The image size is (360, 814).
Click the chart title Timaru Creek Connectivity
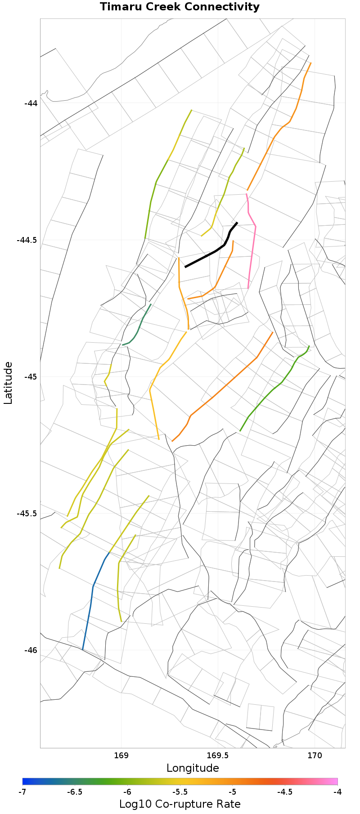point(180,7)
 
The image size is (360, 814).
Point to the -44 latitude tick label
point(31,103)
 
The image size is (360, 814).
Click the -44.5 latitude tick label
point(27,240)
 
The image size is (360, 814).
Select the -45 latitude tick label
point(31,376)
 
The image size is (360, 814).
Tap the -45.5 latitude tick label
point(27,513)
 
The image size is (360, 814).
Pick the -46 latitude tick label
point(31,650)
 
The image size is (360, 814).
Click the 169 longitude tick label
point(121,756)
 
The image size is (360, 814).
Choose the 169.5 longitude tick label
point(218,756)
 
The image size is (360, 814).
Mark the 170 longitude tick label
point(315,756)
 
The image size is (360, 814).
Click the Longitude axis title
point(193,768)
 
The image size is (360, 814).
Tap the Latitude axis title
point(8,383)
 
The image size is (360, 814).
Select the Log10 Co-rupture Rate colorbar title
point(180,804)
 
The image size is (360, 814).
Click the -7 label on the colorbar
point(22,792)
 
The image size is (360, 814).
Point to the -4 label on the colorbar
point(337,792)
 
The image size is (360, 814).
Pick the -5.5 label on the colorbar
point(180,792)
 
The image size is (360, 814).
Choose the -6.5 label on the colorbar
point(75,792)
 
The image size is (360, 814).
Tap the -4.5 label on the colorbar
point(285,792)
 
